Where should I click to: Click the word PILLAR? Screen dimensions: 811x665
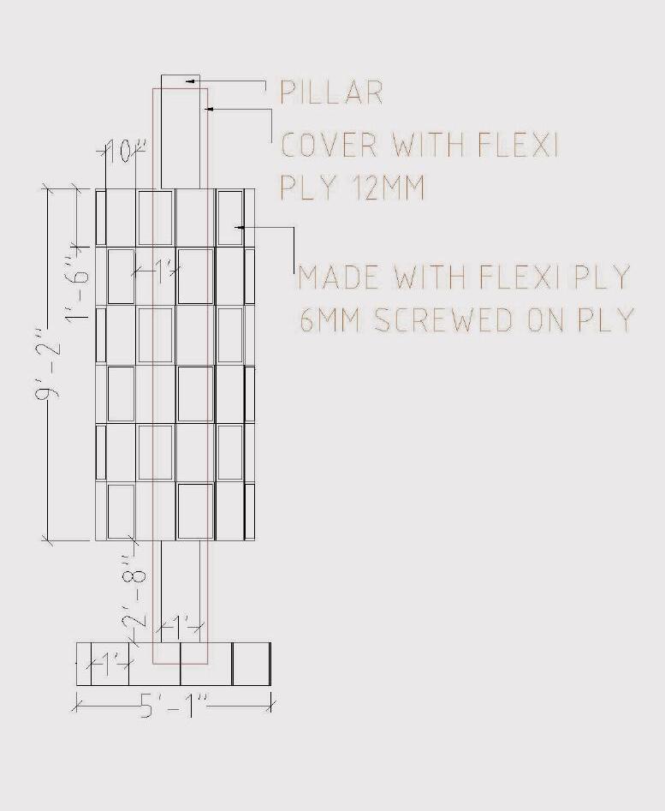tap(331, 92)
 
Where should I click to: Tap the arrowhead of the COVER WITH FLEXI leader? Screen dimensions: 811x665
tap(207, 109)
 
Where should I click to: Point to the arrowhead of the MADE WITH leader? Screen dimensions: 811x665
tap(240, 227)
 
